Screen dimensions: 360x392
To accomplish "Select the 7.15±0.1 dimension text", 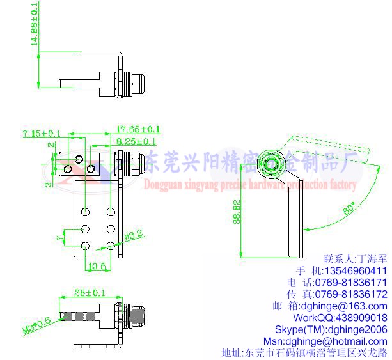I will [41, 134].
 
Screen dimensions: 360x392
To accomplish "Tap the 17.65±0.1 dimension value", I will [138, 129].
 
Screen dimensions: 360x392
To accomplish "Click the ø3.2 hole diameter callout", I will [133, 236].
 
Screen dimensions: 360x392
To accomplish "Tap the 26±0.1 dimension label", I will [89, 293].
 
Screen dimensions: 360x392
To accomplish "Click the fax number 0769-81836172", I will [352, 294].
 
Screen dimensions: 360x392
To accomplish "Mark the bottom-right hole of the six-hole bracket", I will [111, 246].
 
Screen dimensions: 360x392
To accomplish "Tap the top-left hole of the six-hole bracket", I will [84, 211].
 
